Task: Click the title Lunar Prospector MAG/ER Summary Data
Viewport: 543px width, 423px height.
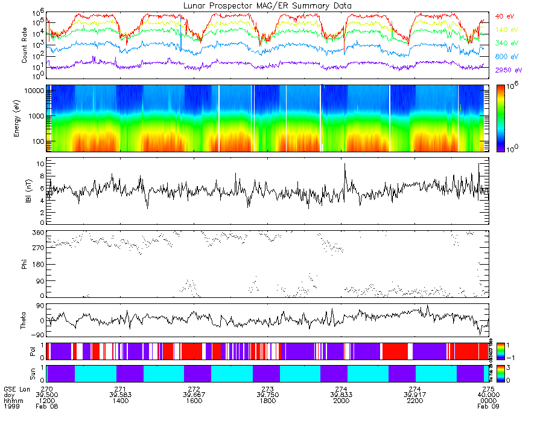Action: click(x=267, y=5)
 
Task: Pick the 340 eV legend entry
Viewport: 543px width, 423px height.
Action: click(x=507, y=43)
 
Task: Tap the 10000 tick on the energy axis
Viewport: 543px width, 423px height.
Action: click(x=35, y=91)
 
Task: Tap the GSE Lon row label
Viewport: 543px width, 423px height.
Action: click(x=17, y=389)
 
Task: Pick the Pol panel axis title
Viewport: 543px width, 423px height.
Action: click(x=25, y=351)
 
